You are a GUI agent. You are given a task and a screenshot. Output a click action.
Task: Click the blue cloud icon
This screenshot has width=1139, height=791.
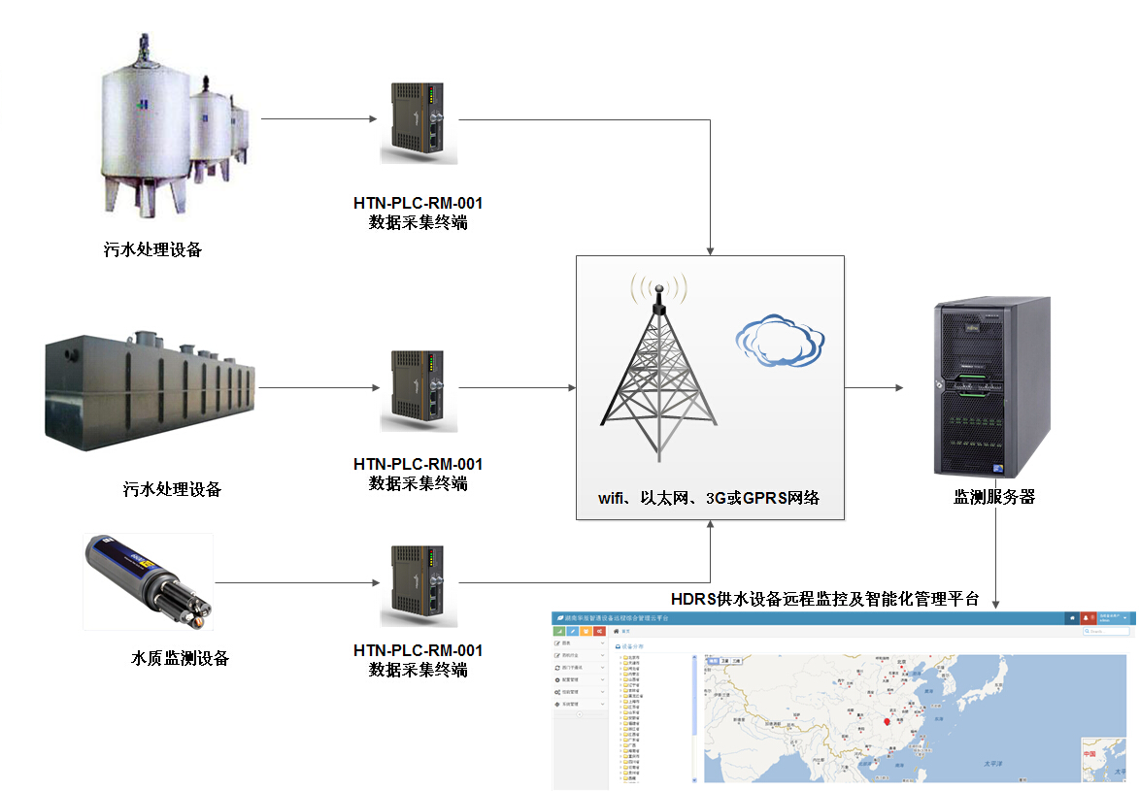click(x=774, y=341)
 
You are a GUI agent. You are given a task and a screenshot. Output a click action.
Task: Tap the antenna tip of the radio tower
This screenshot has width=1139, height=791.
click(x=659, y=288)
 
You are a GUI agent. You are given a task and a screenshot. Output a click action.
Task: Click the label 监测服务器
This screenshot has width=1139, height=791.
click(x=994, y=497)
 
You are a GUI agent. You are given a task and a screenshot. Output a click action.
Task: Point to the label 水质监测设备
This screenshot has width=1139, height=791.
click(x=181, y=658)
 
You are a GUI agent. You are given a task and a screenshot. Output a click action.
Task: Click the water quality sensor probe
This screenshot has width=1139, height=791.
click(x=148, y=579)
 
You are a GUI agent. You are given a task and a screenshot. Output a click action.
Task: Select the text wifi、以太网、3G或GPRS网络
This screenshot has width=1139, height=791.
click(x=709, y=498)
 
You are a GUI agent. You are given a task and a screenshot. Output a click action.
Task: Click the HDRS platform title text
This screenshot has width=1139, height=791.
click(x=824, y=598)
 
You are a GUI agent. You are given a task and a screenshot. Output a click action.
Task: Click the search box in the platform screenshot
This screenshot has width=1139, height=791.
click(x=1108, y=631)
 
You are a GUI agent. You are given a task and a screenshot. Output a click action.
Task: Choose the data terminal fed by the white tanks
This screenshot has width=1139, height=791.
click(x=419, y=122)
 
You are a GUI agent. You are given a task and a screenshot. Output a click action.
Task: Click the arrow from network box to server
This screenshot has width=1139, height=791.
click(x=874, y=387)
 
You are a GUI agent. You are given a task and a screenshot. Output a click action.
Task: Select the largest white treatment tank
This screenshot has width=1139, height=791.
click(x=146, y=126)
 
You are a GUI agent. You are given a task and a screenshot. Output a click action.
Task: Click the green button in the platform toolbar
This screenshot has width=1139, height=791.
click(x=560, y=632)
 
